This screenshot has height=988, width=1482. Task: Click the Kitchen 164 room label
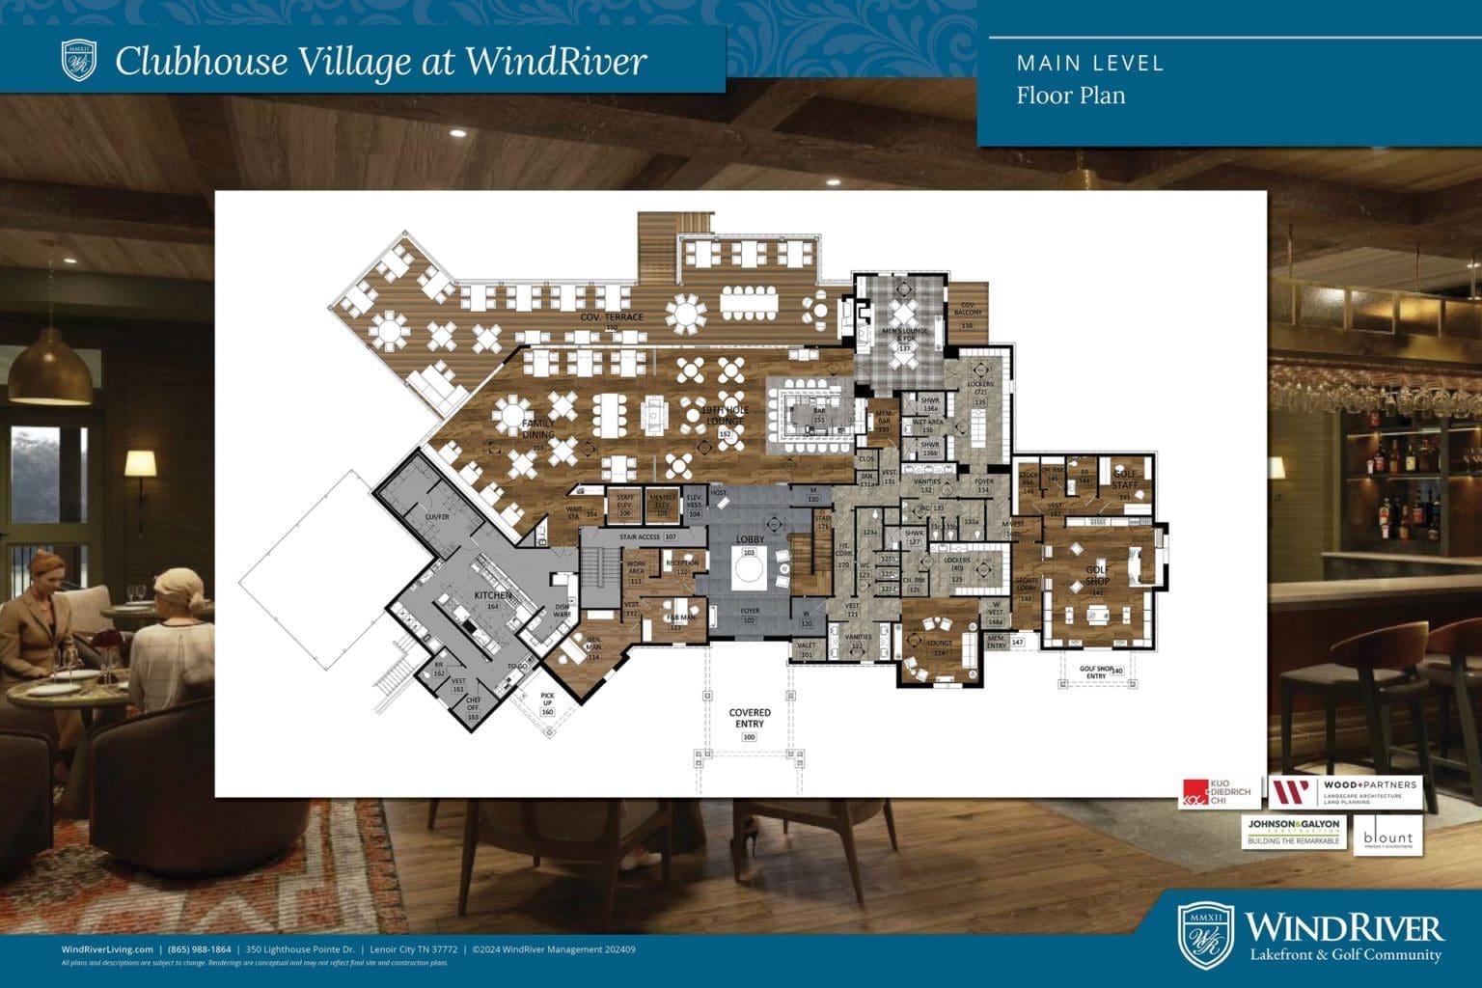click(492, 600)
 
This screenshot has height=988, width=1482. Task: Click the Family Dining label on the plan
click(538, 430)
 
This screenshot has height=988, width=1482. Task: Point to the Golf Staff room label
click(1125, 477)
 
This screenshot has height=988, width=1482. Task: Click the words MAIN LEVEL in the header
click(1090, 64)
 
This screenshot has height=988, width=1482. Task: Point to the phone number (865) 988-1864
click(199, 949)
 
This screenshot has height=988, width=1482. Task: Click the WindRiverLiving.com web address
click(107, 949)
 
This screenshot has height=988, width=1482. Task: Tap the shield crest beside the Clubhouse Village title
click(79, 60)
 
